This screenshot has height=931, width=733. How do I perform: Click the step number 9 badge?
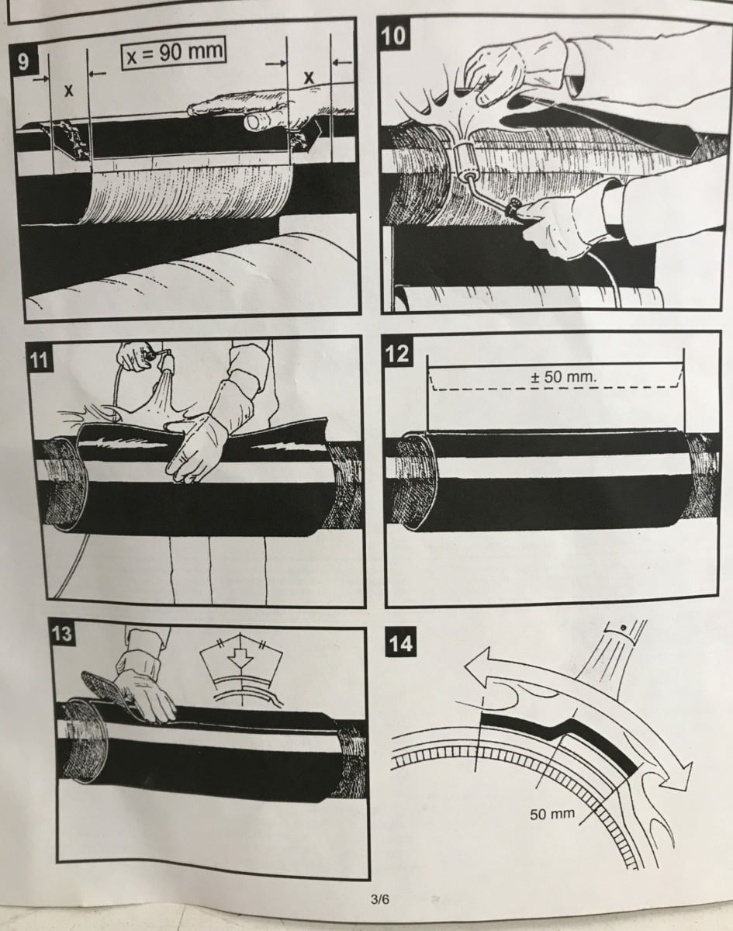click(x=23, y=62)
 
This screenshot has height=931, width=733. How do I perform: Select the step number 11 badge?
click(x=40, y=360)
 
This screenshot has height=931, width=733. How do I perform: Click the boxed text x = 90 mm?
click(x=174, y=54)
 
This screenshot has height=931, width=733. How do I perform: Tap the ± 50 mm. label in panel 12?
click(x=564, y=377)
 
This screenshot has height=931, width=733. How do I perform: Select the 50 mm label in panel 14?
click(x=552, y=814)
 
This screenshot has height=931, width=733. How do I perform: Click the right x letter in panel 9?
click(x=309, y=78)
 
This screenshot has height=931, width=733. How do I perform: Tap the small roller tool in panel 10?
click(x=468, y=161)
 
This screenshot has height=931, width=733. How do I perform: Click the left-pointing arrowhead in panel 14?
click(x=480, y=669)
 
